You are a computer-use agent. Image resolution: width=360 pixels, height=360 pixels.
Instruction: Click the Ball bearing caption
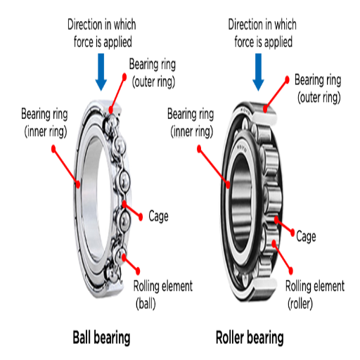click(101, 337)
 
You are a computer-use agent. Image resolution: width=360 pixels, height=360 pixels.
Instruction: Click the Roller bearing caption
click(249, 337)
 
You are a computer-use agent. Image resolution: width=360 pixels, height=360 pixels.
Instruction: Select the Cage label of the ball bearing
click(158, 215)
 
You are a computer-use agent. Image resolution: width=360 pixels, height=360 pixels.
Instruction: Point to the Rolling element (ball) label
click(162, 295)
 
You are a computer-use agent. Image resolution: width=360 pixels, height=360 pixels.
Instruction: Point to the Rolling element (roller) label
click(314, 295)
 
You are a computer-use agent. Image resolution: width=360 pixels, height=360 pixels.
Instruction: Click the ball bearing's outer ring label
click(153, 72)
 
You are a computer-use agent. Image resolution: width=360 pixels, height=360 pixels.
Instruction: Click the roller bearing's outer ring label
click(318, 87)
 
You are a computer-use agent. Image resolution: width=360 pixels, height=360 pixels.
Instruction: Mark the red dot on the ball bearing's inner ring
click(77, 184)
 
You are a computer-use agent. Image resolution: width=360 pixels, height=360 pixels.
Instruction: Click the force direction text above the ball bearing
click(101, 33)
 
